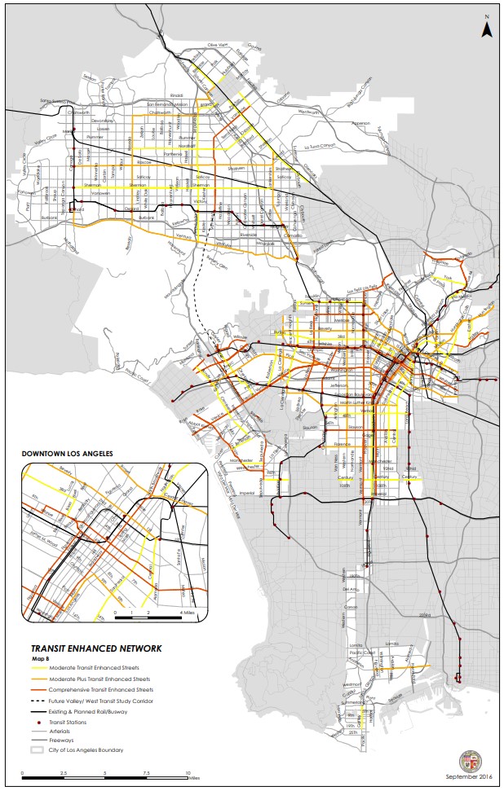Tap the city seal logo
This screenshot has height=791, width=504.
(471, 762)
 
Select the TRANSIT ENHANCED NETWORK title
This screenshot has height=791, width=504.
(91, 648)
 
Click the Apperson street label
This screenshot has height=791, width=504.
(360, 124)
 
